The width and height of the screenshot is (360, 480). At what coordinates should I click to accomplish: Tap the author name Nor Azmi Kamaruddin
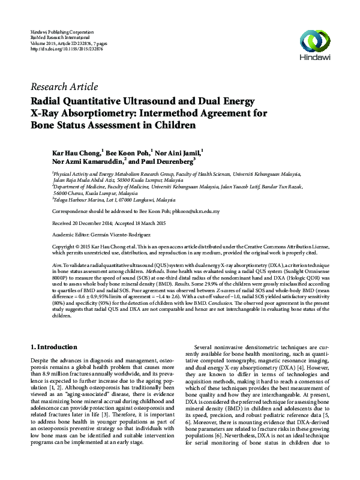88,161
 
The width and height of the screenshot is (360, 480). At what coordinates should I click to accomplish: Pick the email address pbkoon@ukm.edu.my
197,212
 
